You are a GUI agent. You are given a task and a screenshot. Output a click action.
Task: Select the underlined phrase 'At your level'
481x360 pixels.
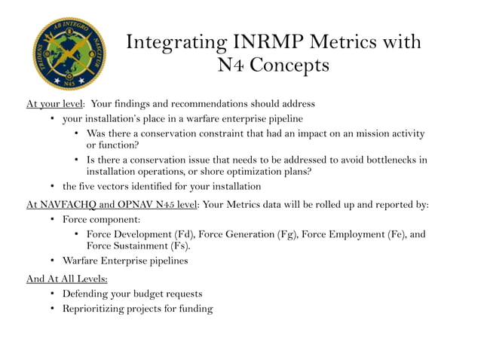tap(54, 103)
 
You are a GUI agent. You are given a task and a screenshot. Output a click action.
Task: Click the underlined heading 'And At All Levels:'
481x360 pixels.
tap(66, 278)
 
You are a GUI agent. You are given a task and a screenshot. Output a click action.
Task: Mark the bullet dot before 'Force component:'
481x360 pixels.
tap(53, 219)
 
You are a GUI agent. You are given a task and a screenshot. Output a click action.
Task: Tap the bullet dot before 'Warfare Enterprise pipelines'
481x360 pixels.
tap(53, 261)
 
